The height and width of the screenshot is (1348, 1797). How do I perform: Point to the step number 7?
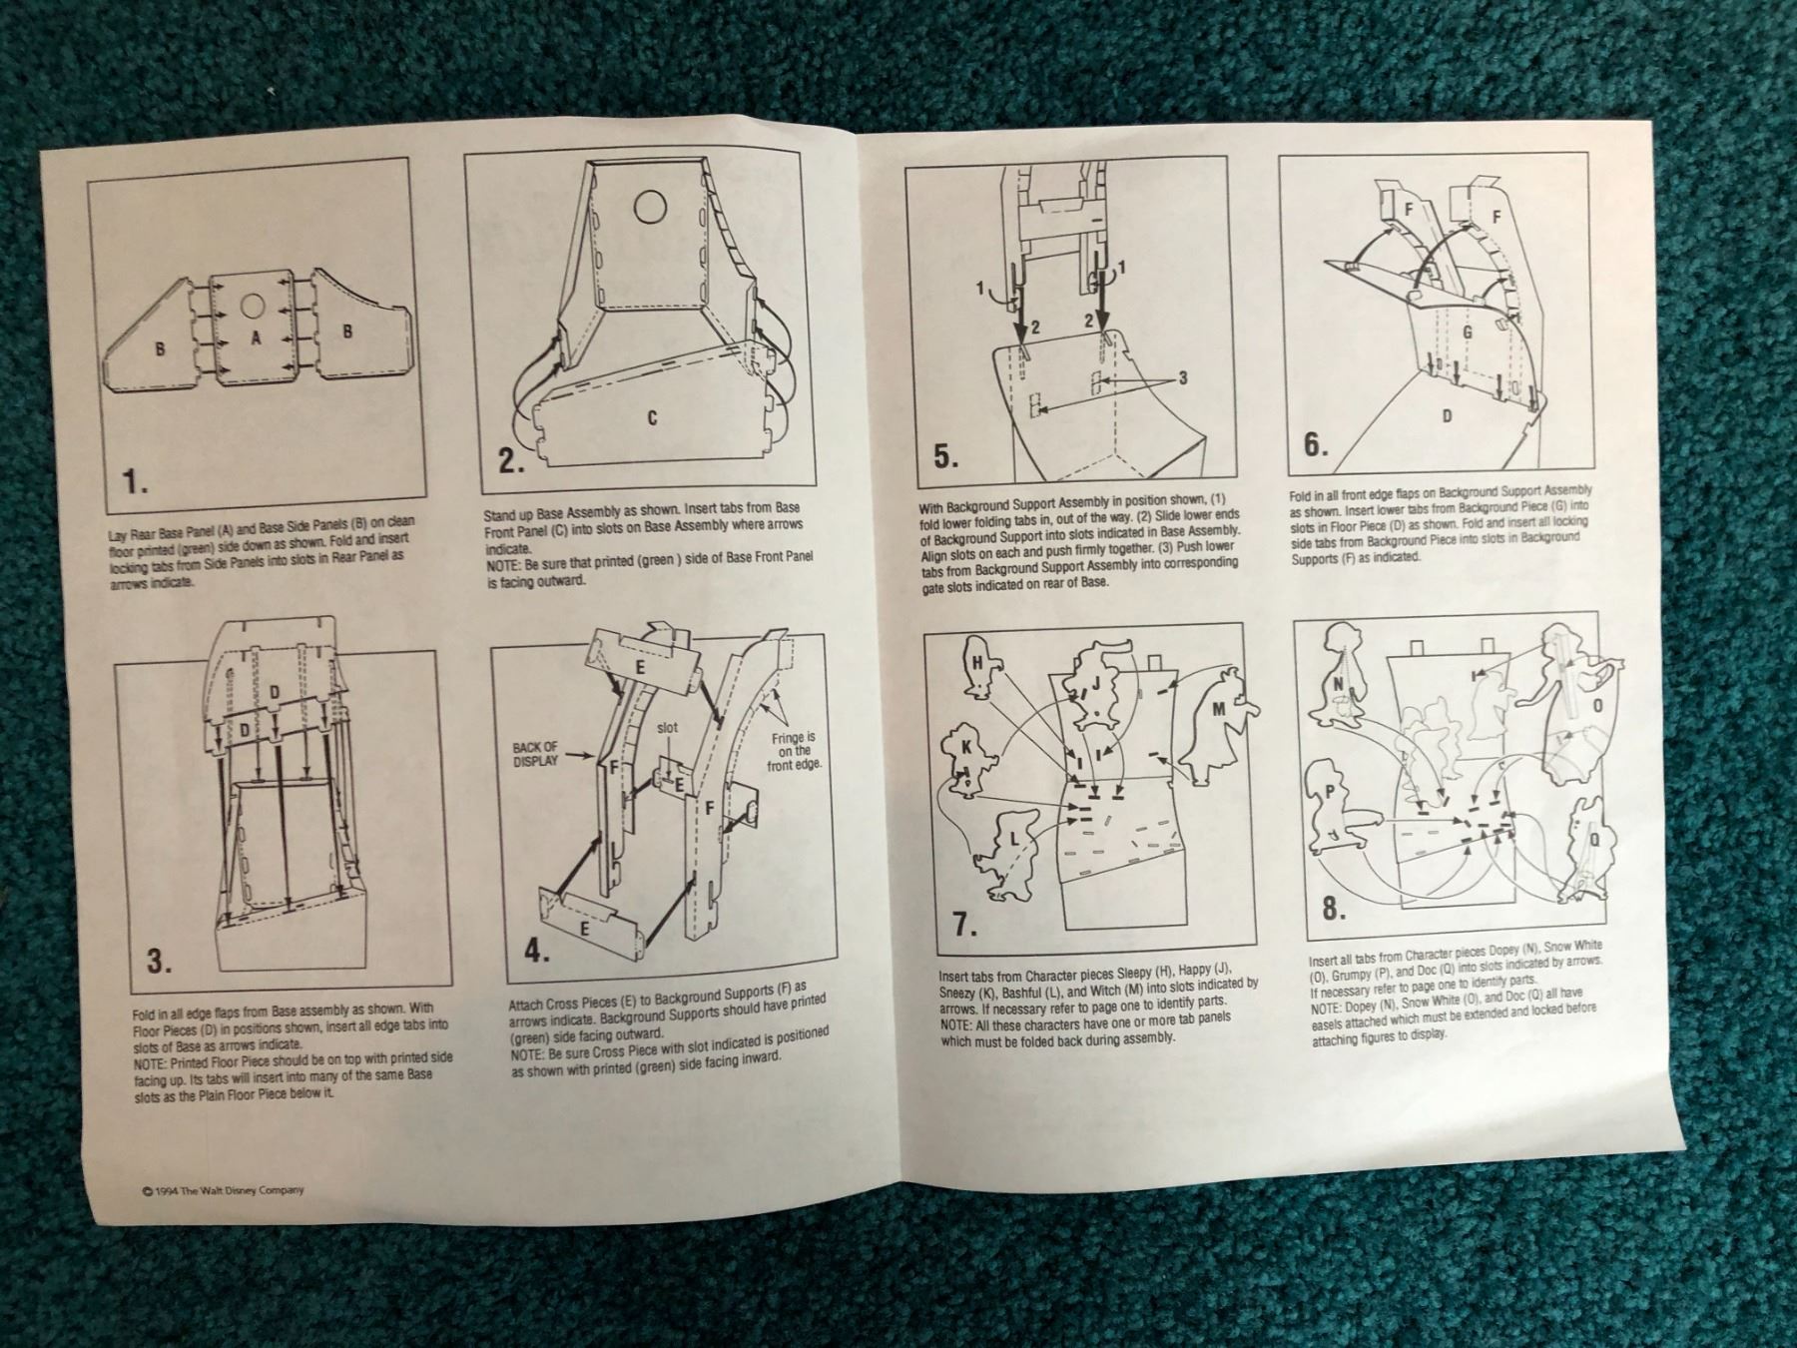962,924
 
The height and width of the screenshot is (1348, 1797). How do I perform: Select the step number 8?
1334,908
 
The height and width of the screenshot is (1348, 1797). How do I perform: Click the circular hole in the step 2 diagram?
650,207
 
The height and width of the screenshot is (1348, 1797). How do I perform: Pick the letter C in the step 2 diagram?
652,417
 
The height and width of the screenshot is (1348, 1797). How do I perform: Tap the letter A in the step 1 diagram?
256,338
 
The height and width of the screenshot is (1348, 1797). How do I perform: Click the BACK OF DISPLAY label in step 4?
536,754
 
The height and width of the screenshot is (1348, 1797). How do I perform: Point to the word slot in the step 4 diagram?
667,728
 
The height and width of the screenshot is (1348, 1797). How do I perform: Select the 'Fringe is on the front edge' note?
794,751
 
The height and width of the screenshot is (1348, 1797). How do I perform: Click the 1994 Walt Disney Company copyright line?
224,1190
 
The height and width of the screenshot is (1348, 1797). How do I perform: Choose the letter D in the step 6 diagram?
1446,416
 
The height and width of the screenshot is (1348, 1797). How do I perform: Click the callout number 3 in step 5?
1183,377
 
